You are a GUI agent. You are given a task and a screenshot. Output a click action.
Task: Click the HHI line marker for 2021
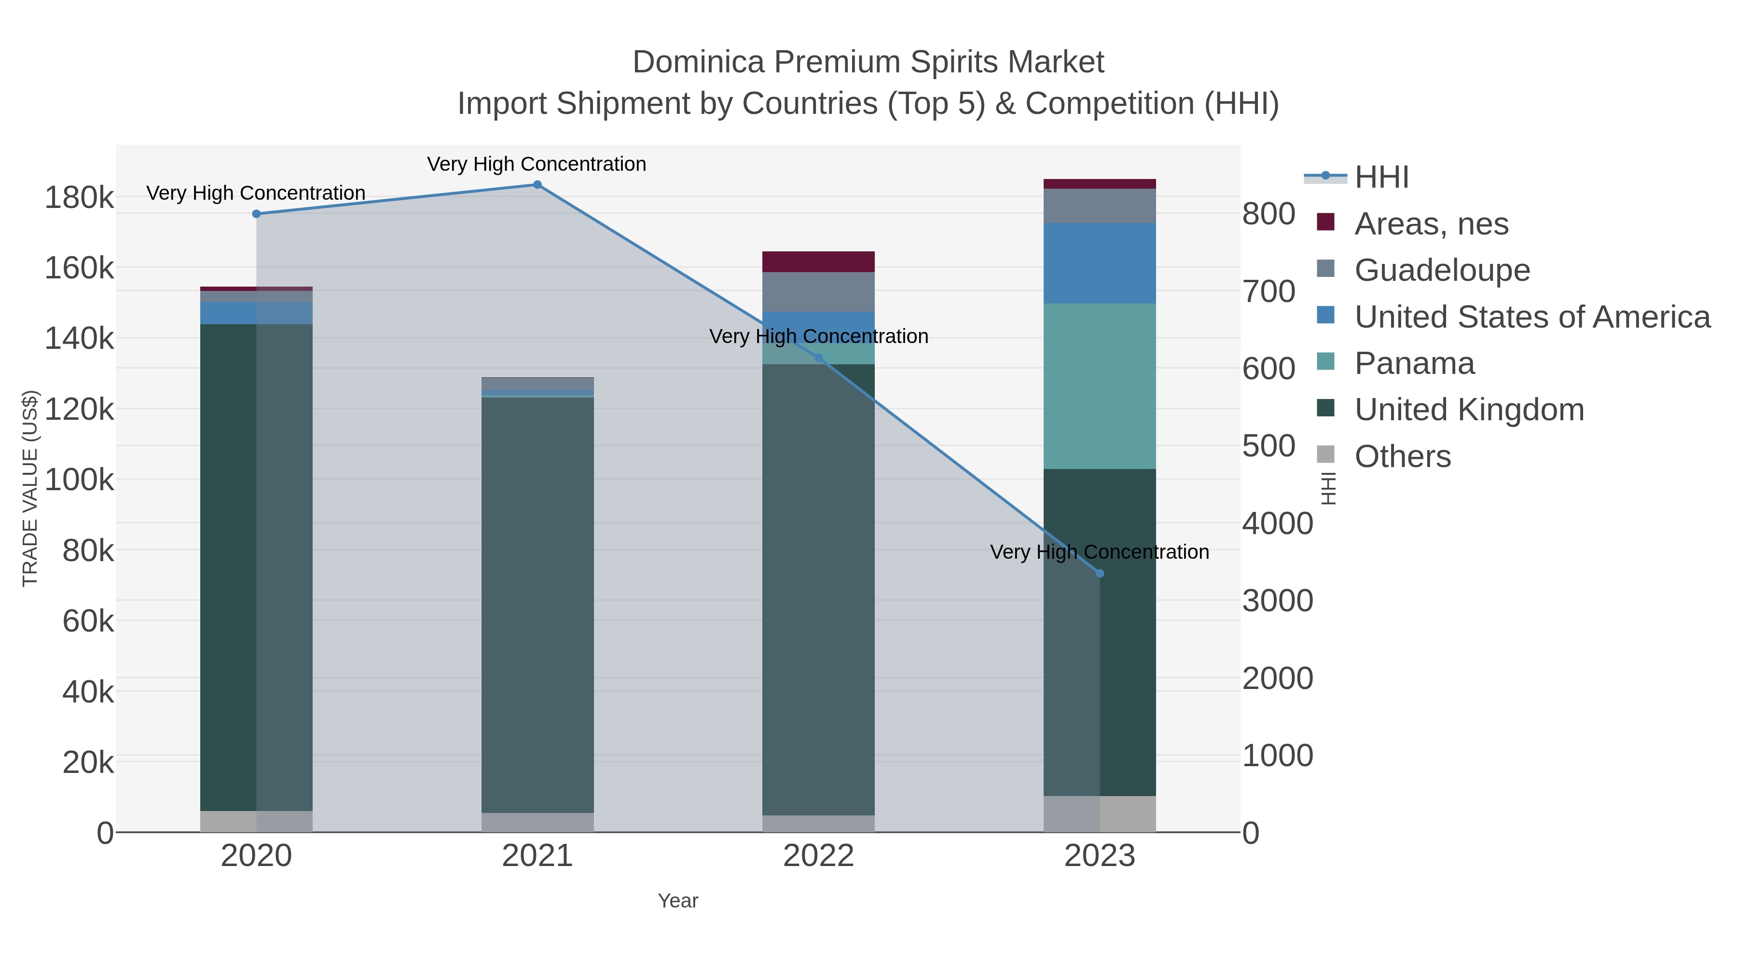(538, 185)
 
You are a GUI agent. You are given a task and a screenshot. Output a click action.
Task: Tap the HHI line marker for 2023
(1100, 573)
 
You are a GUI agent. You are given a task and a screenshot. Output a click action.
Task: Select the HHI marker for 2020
(256, 214)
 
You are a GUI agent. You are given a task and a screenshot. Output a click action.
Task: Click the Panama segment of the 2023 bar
(1100, 385)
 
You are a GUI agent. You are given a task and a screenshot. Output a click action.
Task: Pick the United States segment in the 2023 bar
(1100, 263)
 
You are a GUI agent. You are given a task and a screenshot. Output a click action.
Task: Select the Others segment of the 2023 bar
(1100, 814)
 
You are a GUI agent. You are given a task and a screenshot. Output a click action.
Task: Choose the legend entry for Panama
(1414, 363)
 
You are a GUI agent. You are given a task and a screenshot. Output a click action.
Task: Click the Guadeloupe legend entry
(1442, 270)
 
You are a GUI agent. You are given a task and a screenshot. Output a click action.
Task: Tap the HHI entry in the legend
(1381, 178)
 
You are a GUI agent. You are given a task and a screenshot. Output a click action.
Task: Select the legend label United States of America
(1532, 317)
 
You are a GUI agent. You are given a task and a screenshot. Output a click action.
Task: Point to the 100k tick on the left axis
(80, 481)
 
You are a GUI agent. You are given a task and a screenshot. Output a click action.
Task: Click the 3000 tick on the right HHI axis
(1277, 601)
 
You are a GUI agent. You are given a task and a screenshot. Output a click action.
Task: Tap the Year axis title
(678, 901)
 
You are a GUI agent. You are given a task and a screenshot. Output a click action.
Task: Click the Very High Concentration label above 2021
(537, 165)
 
